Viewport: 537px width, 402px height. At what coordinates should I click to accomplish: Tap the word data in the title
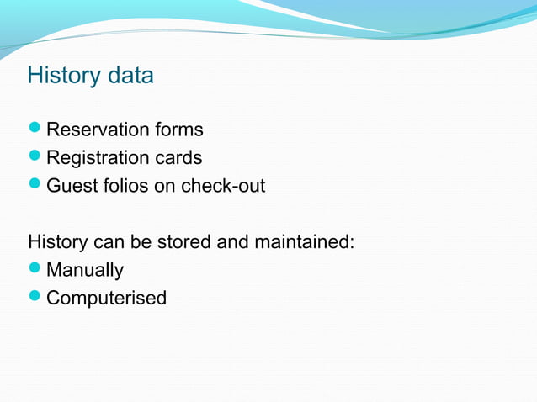click(131, 76)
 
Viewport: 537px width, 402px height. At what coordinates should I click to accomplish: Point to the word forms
click(178, 130)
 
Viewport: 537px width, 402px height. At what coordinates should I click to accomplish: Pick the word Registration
click(97, 158)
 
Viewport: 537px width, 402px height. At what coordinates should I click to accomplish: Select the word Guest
click(71, 186)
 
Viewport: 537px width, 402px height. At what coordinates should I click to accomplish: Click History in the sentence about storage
click(57, 242)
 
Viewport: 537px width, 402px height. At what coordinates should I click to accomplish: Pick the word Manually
click(85, 271)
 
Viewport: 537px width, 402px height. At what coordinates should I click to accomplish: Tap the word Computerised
click(106, 299)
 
